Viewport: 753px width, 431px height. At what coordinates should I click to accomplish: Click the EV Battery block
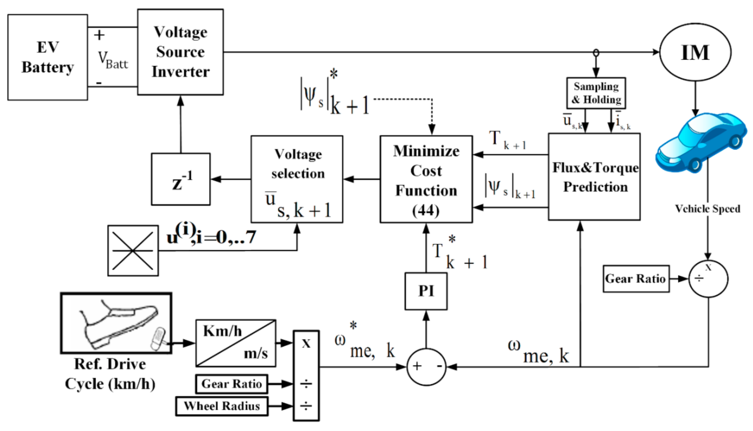coord(48,57)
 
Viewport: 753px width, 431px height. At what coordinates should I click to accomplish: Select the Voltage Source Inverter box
coord(180,52)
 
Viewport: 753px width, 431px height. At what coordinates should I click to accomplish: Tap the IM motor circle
coord(695,52)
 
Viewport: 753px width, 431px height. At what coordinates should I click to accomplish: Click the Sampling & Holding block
coord(596,93)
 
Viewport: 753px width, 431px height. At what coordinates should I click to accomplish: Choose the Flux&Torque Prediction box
coord(594,177)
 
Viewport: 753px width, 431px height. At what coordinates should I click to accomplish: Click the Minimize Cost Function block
coord(426,179)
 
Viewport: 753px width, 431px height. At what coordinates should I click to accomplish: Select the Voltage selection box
coord(297,179)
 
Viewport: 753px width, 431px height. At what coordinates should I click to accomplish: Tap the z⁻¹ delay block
coord(180,179)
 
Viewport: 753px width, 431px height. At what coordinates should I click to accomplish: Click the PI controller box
coord(426,291)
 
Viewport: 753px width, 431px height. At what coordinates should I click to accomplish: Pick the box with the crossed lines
coord(133,250)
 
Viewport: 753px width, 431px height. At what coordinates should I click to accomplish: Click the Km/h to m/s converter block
coord(236,343)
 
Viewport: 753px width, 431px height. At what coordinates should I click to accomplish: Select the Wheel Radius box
coord(222,406)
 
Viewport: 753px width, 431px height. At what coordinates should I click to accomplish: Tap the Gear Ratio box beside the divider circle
coord(636,279)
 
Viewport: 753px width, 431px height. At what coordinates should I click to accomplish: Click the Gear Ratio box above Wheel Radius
coord(232,384)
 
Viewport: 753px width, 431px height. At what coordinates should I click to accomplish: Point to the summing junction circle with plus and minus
coord(426,367)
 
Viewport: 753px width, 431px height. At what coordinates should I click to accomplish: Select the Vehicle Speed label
coord(707,209)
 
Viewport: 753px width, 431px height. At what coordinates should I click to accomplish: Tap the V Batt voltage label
coord(113,60)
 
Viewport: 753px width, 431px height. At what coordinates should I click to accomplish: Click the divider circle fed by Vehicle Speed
coord(708,279)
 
